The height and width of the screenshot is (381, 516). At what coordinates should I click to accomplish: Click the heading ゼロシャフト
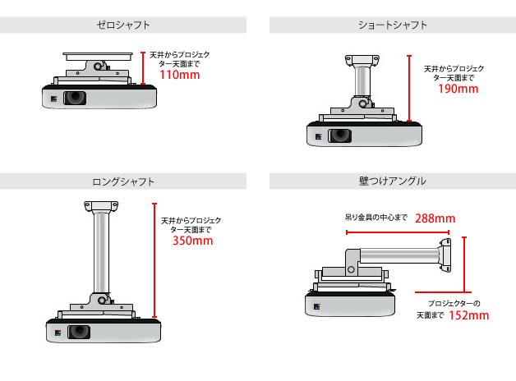pyautogui.click(x=123, y=25)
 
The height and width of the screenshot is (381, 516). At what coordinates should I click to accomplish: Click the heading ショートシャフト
pyautogui.click(x=392, y=25)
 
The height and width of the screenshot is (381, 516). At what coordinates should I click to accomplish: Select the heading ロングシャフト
pyautogui.click(x=123, y=181)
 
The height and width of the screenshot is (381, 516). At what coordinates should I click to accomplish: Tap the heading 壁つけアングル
pyautogui.click(x=392, y=181)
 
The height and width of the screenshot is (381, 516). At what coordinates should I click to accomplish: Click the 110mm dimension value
pyautogui.click(x=180, y=75)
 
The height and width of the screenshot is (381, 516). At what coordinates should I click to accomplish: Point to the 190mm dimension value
pyautogui.click(x=458, y=89)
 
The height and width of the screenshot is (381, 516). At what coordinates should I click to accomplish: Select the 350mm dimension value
pyautogui.click(x=192, y=241)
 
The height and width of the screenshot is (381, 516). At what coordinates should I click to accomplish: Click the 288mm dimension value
pyautogui.click(x=435, y=218)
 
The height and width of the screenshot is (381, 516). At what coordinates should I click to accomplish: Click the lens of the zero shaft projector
pyautogui.click(x=76, y=98)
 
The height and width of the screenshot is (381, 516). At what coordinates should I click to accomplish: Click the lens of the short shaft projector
pyautogui.click(x=341, y=135)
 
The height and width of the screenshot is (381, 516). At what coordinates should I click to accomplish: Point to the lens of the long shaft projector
pyautogui.click(x=79, y=333)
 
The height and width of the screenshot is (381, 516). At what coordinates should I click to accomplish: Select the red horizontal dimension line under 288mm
pyautogui.click(x=395, y=233)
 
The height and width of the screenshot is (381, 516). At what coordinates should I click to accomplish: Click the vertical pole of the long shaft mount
pyautogui.click(x=99, y=250)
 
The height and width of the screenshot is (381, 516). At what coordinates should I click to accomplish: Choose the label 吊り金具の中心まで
pyautogui.click(x=374, y=218)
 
